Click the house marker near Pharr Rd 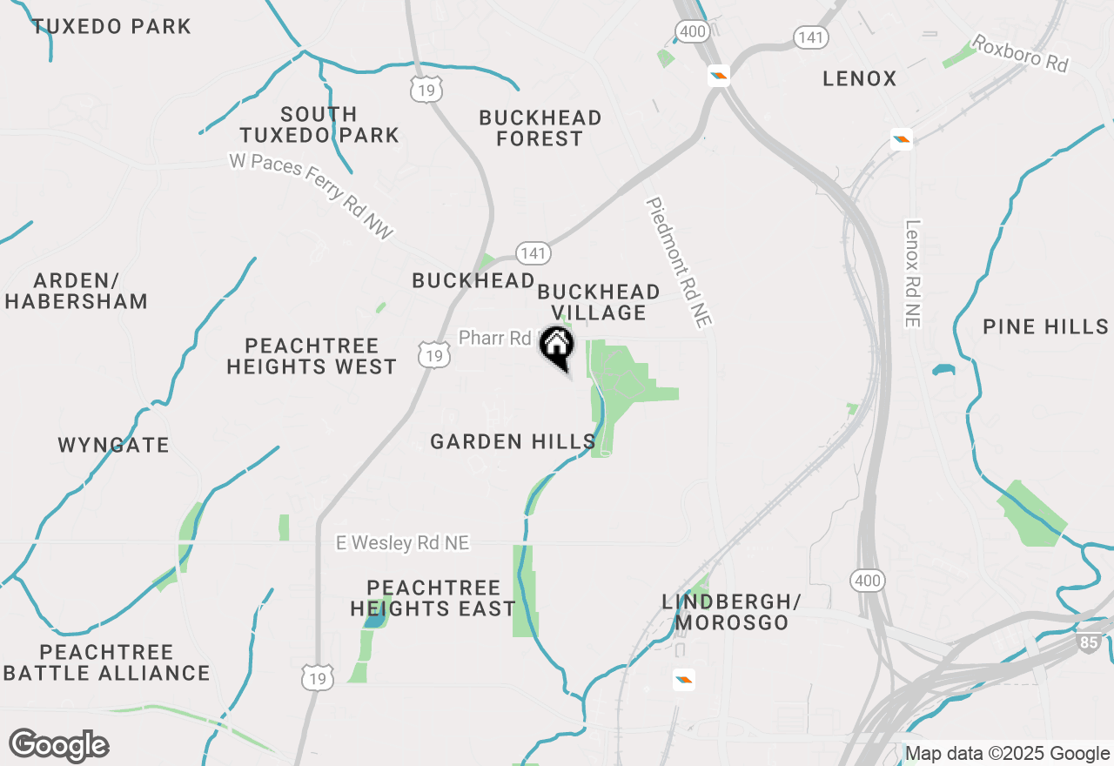[557, 346]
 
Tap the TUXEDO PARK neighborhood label [111, 26]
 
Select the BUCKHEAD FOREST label [540, 128]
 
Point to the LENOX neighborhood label [859, 78]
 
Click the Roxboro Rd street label [1019, 54]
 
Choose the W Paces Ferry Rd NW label [312, 196]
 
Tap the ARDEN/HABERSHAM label [77, 292]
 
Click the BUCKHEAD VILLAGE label [598, 302]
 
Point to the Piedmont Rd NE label [679, 262]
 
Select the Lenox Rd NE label [912, 273]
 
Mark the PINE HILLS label [1045, 326]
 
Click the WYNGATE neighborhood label [113, 445]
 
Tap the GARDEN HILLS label [513, 441]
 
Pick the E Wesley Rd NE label [402, 543]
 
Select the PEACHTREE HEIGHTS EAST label [433, 598]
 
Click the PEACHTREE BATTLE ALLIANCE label [107, 662]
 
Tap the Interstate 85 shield [1091, 643]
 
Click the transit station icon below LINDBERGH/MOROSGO [684, 680]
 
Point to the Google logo [58, 746]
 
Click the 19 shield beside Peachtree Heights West [433, 353]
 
